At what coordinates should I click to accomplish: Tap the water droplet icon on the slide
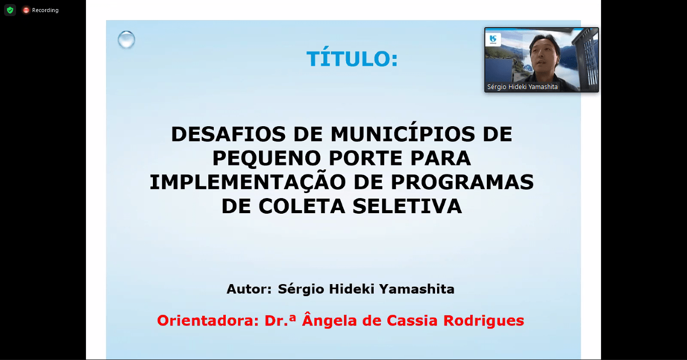tap(126, 40)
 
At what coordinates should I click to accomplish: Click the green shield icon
tap(10, 10)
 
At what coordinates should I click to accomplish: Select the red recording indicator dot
tap(26, 10)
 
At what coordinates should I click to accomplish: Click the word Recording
tap(45, 10)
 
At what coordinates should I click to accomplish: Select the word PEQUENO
tap(267, 158)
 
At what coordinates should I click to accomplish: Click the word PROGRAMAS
tap(462, 182)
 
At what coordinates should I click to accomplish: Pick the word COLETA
tap(302, 206)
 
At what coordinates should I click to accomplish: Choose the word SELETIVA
tap(407, 206)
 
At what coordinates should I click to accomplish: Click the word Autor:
tap(249, 289)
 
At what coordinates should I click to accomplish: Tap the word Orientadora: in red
tap(208, 321)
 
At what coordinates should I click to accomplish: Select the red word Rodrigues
tap(484, 321)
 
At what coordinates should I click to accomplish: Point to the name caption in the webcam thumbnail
tap(523, 87)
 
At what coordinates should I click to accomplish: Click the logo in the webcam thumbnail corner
tap(493, 39)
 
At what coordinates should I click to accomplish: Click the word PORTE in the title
tap(365, 158)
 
